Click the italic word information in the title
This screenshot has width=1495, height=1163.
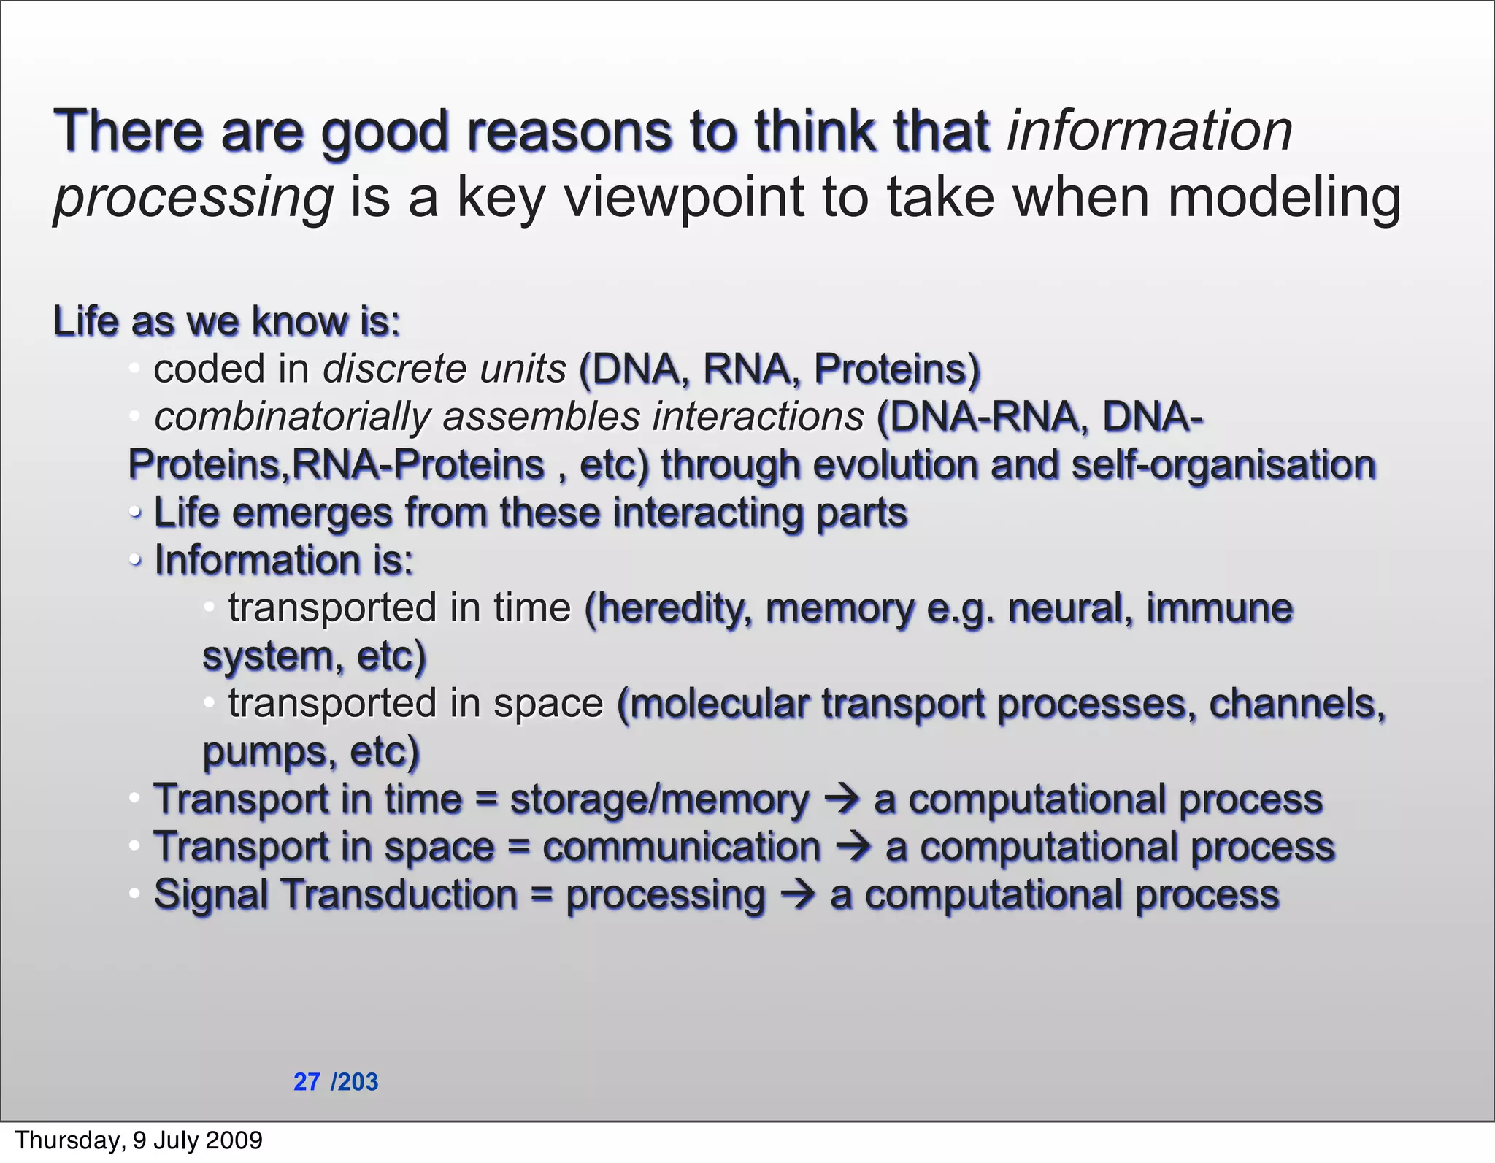pos(1149,131)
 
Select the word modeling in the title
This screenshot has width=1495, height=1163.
pos(1284,198)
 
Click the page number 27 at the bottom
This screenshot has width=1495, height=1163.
pos(307,1081)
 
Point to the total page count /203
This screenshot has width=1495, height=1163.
pos(355,1081)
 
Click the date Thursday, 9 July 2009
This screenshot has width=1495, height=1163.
pos(139,1140)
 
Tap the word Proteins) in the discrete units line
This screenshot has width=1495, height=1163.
pos(896,369)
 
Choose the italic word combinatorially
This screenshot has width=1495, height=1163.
pos(292,418)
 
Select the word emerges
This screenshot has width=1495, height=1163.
pos(312,513)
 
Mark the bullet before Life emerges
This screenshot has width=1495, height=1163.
pos(134,513)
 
